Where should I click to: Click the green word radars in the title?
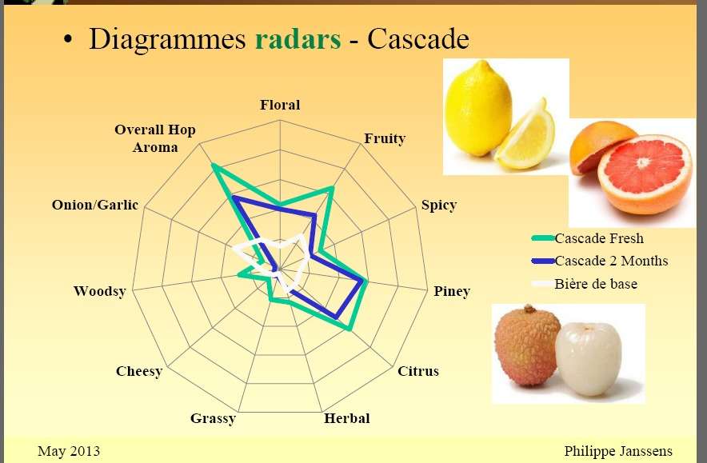(298, 38)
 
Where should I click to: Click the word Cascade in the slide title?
(418, 38)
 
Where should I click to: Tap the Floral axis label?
(280, 105)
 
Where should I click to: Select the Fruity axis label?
(385, 138)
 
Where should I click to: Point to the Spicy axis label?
(439, 206)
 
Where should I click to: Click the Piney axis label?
(452, 292)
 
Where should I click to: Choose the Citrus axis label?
(418, 371)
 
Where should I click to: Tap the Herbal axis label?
(347, 418)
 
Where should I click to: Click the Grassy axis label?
(213, 419)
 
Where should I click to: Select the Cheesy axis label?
(139, 372)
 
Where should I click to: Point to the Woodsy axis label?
(100, 291)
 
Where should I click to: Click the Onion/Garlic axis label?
(94, 205)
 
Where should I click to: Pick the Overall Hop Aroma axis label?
(155, 138)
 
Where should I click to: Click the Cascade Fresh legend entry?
(588, 238)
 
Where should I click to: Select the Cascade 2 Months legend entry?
(600, 261)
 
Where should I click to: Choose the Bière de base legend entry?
(585, 284)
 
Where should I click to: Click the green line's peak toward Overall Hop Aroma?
(214, 166)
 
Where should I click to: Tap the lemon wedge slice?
(526, 138)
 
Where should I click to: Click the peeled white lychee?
(588, 359)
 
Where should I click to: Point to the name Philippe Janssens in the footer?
(618, 451)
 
